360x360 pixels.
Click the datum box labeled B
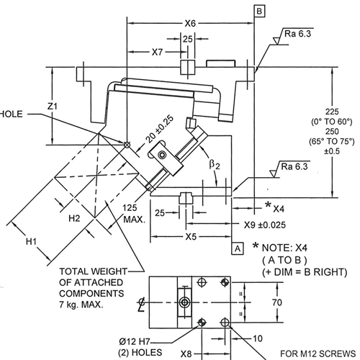259,12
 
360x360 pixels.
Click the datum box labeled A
238,248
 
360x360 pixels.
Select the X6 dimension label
190,24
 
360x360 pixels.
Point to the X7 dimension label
157,52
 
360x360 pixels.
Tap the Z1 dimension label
53,106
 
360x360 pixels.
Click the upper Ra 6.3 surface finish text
297,34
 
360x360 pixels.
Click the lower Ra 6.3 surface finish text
294,166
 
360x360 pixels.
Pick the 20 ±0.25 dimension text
159,129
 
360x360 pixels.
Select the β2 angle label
215,165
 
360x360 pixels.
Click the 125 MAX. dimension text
134,213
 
